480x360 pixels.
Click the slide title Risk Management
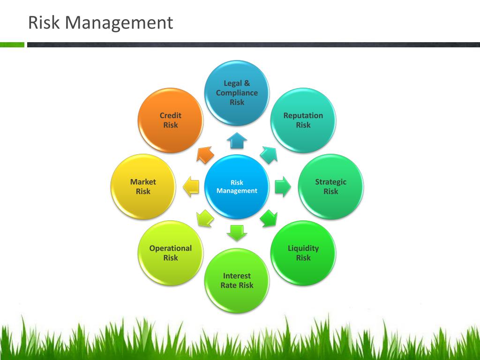[100, 22]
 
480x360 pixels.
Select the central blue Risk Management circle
[237, 187]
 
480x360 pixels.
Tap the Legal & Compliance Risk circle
[237, 93]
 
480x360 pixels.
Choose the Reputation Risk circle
[303, 120]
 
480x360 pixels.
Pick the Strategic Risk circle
[330, 187]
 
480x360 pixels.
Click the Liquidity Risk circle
[303, 253]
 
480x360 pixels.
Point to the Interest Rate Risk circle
[237, 280]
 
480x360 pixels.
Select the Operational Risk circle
[171, 253]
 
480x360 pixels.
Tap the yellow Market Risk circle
[143, 187]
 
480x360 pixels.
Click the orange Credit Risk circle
[171, 120]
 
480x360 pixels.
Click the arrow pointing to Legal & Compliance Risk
[237, 141]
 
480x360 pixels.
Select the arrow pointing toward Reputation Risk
[269, 154]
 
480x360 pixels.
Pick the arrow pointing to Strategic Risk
[283, 187]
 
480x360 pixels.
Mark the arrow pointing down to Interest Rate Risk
[237, 232]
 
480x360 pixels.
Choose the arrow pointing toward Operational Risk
[205, 218]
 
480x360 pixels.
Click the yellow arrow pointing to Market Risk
[191, 187]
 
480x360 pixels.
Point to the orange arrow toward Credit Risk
[205, 155]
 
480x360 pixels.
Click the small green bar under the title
[12, 45]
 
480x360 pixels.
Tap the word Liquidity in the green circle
[303, 248]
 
